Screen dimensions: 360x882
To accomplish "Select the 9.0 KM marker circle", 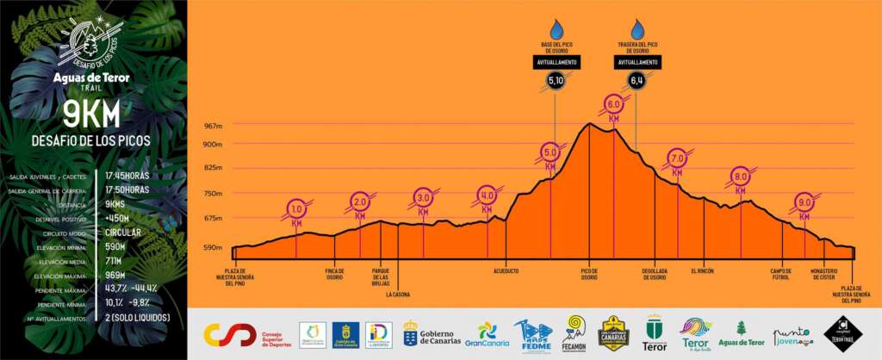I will click(804, 202).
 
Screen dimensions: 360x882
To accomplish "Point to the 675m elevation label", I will click(213, 218).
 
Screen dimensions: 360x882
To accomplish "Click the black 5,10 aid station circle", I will click(556, 81).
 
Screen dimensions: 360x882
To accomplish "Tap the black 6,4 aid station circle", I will click(637, 81).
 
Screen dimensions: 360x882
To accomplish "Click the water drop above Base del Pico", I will click(556, 29).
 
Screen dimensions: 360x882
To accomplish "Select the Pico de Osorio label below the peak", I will click(589, 274).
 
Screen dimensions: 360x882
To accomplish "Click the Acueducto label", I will click(506, 270).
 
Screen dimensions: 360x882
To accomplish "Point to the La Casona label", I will click(398, 294).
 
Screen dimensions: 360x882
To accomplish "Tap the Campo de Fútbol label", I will click(780, 274).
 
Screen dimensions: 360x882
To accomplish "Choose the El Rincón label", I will click(703, 270).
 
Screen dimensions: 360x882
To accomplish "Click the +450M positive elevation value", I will click(117, 219).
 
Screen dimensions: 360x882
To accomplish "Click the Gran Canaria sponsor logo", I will click(487, 334).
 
